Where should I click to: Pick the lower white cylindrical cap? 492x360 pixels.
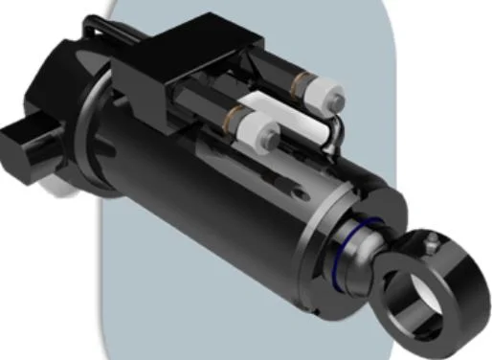coord(254,128)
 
